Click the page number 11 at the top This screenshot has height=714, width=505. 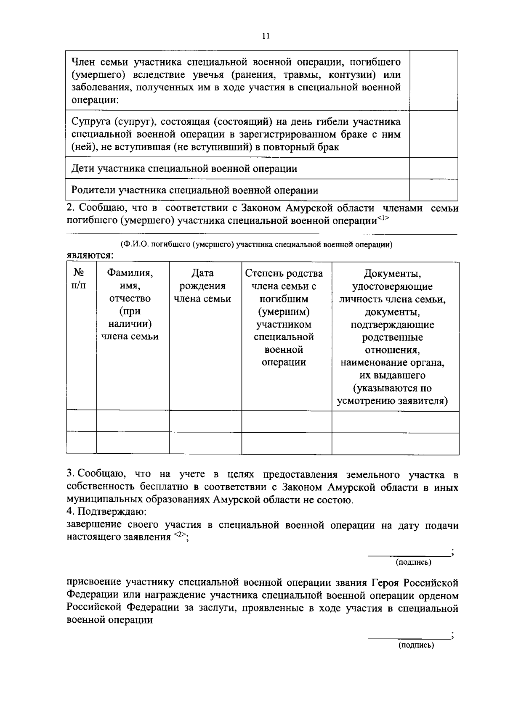tap(265, 36)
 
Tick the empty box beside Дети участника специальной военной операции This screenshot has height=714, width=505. tap(433, 168)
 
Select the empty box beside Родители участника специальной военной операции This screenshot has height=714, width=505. tap(433, 190)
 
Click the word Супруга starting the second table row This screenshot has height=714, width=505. tap(89, 122)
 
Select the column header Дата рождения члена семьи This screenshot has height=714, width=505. tap(202, 286)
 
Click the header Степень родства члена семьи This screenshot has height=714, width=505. tap(284, 280)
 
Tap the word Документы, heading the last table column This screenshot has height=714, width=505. tap(393, 274)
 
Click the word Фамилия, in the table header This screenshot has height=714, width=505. tap(130, 273)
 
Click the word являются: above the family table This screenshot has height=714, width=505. tap(90, 255)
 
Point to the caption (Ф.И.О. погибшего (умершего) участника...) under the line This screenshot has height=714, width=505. tap(256, 245)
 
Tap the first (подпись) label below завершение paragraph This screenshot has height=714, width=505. tap(413, 562)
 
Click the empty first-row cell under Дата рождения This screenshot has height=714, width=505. tap(205, 421)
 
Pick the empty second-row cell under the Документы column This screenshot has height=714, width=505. tap(395, 443)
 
